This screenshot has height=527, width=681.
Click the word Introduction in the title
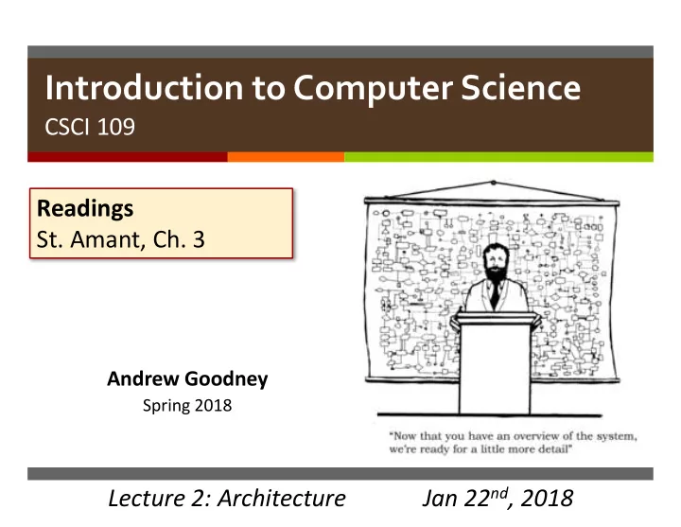point(144,88)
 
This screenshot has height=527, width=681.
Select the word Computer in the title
point(373,89)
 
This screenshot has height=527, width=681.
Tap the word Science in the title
point(521,88)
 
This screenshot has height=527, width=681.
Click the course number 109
point(116,127)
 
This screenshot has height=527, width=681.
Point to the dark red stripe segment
point(128,157)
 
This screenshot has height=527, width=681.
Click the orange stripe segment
point(286,157)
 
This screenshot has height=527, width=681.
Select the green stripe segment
point(498,157)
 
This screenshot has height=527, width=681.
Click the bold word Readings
point(85,209)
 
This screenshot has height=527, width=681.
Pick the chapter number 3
point(199,239)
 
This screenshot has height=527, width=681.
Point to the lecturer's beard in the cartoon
point(496,272)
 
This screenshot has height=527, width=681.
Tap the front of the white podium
point(495,368)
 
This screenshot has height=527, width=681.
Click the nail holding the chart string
point(493,183)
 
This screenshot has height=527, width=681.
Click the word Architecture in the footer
point(282,499)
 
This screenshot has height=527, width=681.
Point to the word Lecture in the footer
point(147,499)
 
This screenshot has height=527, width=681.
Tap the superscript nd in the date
point(499,493)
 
